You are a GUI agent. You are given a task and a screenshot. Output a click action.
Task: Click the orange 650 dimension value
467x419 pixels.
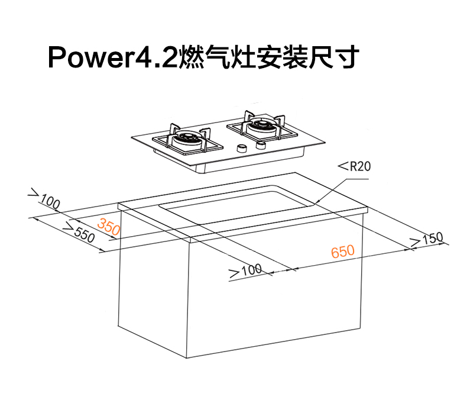(x=343, y=251)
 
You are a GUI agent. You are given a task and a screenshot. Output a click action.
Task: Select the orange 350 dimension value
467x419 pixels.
(x=109, y=226)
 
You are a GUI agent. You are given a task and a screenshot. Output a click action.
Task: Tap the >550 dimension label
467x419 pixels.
(x=80, y=233)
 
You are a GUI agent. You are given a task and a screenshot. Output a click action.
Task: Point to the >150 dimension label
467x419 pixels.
(x=427, y=239)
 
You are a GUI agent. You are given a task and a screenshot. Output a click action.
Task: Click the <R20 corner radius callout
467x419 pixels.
(x=355, y=166)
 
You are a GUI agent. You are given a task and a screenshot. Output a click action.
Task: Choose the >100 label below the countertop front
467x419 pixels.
(x=245, y=271)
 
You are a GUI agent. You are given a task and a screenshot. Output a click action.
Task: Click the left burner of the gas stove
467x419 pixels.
(x=186, y=140)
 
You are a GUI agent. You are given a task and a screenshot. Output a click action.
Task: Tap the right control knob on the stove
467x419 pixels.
(x=261, y=145)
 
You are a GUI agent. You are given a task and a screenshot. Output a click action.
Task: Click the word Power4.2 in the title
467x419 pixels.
(x=112, y=58)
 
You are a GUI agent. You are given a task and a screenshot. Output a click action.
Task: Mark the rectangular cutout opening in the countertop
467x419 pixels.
(x=237, y=205)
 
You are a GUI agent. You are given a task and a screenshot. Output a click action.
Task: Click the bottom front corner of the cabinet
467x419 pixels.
(x=187, y=358)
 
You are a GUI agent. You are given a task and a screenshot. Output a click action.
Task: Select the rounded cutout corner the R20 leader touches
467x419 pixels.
(x=313, y=204)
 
